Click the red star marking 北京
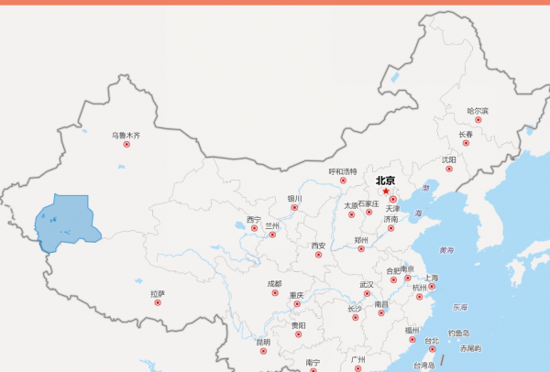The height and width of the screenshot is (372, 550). [386, 191]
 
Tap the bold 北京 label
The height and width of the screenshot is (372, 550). [385, 181]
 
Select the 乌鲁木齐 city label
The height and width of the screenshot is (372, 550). [126, 135]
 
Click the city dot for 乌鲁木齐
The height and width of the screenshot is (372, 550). [126, 145]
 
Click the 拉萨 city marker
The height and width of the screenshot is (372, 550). [158, 302]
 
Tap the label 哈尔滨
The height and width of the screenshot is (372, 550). [478, 110]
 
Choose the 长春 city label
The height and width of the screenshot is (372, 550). [466, 134]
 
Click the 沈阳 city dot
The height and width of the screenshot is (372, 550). [449, 169]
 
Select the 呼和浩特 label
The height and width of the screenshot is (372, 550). [343, 170]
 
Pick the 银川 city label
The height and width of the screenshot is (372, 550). [294, 198]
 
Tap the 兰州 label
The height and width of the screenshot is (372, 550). [272, 224]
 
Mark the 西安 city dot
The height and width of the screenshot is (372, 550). [318, 255]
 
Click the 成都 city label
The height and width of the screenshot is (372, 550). [275, 284]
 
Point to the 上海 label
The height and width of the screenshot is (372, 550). [432, 277]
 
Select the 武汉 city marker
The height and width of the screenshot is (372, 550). [367, 294]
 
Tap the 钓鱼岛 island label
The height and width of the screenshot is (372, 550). [458, 334]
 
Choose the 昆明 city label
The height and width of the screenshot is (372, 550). [264, 342]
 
